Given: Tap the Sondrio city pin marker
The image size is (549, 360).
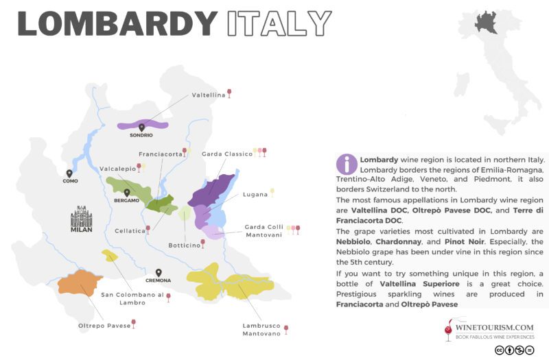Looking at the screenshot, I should [x=141, y=127].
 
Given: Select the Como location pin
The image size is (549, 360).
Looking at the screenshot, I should [x=69, y=173].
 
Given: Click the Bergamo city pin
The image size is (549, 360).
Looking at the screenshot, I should [x=126, y=193].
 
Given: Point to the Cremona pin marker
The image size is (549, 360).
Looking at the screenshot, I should [x=159, y=272].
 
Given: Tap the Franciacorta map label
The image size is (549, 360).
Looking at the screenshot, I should [x=161, y=154].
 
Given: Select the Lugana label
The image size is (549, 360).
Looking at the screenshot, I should [x=255, y=195].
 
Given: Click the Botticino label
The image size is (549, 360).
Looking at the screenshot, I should [x=184, y=245].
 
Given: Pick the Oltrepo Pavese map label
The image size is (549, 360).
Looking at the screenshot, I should [x=104, y=325].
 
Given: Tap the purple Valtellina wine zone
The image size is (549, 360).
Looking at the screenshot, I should [x=143, y=125].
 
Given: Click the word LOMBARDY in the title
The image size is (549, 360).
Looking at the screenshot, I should [x=117, y=23].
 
